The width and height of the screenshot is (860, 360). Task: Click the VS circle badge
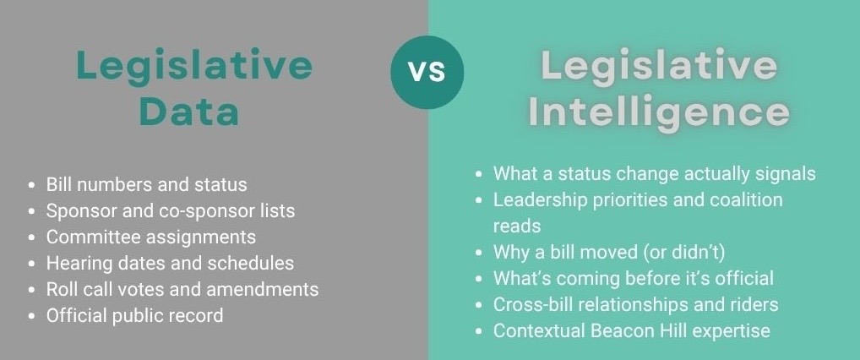point(427,73)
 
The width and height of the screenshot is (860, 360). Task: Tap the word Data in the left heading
point(189,112)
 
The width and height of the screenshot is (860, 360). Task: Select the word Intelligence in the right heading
point(658,112)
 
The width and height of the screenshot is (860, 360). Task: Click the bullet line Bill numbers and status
point(146,184)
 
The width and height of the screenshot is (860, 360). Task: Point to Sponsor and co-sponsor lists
point(171,210)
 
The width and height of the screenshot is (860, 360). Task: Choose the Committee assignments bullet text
point(151,237)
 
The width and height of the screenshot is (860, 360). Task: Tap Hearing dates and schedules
point(170,264)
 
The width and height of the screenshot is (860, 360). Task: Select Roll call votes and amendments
point(182,289)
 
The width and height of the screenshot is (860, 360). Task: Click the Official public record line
point(134,315)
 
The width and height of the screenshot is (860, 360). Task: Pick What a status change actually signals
point(655,173)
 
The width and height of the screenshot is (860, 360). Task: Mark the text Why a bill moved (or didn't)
point(609,252)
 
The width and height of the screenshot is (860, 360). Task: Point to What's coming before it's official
point(633,278)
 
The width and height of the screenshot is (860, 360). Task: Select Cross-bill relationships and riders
point(635,304)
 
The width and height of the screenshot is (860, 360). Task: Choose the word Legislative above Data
point(194,65)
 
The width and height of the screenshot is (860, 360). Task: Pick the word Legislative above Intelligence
point(658,65)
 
